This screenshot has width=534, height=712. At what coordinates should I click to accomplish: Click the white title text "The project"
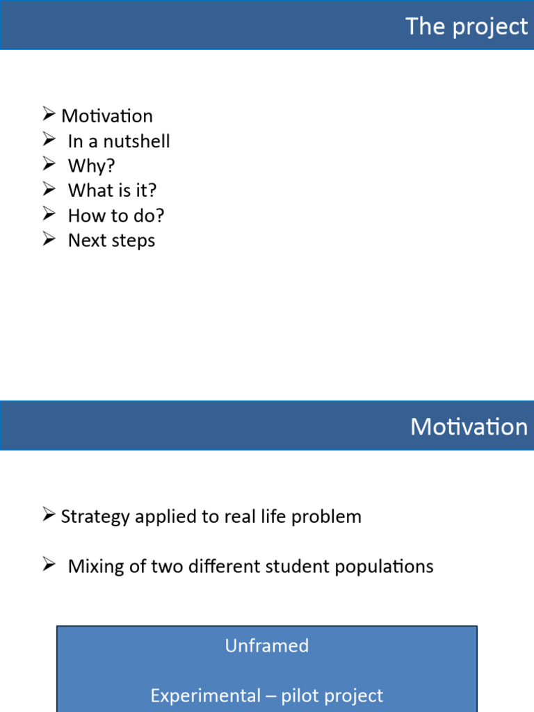tap(467, 26)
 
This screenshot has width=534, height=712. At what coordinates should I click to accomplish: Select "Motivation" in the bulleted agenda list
tap(106, 116)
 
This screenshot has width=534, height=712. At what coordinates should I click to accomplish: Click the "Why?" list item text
tap(91, 166)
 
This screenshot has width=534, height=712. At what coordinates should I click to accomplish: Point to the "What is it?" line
tap(112, 191)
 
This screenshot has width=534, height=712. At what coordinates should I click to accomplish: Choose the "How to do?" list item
tap(116, 216)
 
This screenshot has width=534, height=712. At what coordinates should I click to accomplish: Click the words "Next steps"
tap(111, 241)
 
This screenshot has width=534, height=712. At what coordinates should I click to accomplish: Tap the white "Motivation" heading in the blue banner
tap(469, 426)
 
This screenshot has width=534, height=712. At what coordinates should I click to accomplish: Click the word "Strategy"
tap(95, 517)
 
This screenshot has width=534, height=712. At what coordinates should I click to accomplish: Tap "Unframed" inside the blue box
tap(266, 646)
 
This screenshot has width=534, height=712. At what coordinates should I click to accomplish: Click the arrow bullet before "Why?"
tap(48, 165)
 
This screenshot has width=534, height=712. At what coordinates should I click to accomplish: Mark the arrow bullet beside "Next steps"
tap(48, 239)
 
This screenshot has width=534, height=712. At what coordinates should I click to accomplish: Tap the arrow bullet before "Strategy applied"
tap(48, 515)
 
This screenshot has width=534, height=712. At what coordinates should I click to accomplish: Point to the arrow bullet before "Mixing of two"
tap(48, 565)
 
